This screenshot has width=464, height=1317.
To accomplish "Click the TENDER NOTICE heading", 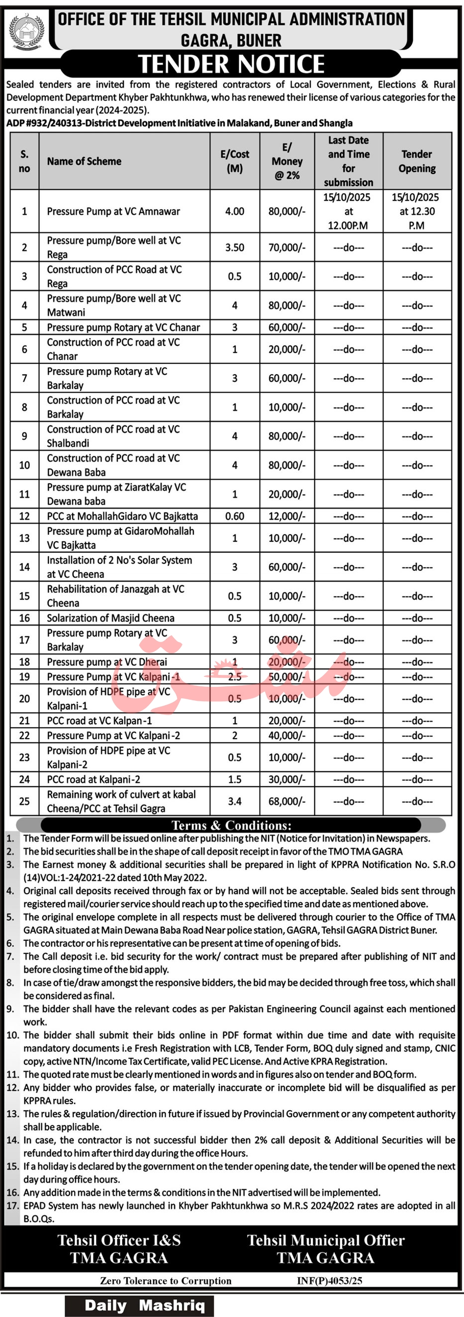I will coord(231,64).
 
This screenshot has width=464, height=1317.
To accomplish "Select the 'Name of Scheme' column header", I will coord(84,161).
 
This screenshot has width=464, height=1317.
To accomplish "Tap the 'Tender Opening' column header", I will coord(417,161).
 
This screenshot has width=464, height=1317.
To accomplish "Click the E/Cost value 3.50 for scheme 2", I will coord(234,247).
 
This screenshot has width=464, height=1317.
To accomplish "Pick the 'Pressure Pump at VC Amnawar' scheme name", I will coord(113,211).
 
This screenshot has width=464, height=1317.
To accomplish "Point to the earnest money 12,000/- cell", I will coord(286,516).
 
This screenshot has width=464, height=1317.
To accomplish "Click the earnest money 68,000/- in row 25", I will coord(286,801).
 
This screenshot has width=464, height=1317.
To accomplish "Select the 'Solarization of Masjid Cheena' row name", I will coord(110,618).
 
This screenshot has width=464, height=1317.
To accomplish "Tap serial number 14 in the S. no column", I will coord(24,567).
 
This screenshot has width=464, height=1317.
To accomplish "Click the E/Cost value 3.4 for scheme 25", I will coord(234,801).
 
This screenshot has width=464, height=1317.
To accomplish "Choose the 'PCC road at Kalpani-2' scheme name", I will coord(93,779).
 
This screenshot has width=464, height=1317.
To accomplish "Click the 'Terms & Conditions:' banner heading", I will coord(231,825).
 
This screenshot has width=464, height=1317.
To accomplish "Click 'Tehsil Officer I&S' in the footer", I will coord(119,1240).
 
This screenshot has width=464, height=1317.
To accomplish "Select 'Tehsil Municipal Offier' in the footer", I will coord(326,1240).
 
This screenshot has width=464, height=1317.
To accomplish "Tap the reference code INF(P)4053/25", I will coord(329,1281).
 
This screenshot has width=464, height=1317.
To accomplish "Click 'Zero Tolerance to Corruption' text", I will coord(166,1281).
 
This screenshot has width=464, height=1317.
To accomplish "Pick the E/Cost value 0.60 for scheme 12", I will coord(234,516).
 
